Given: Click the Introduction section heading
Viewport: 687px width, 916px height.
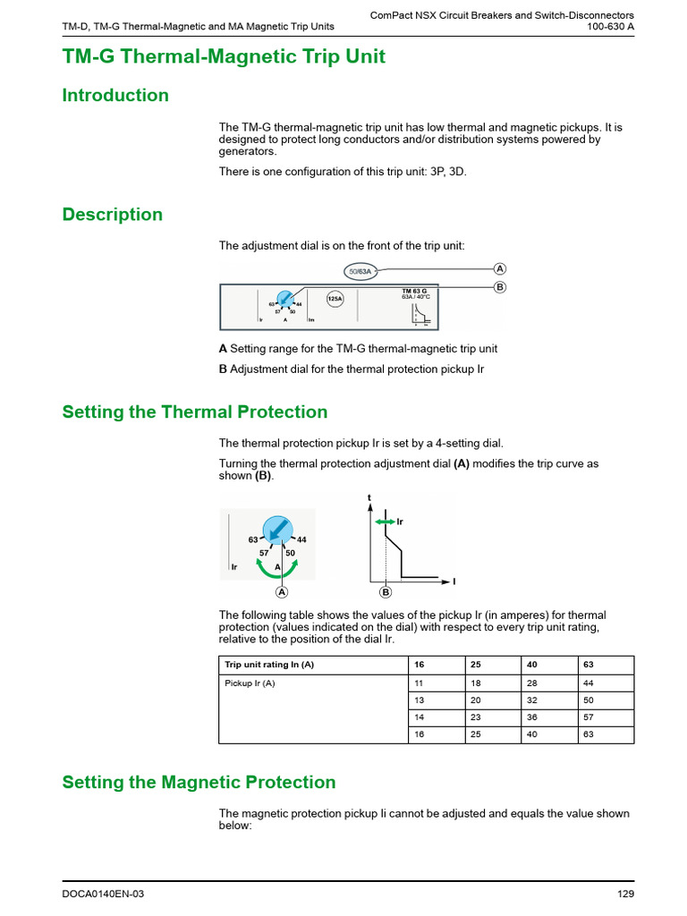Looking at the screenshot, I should (x=115, y=96).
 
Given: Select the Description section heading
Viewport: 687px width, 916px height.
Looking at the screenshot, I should (x=113, y=215).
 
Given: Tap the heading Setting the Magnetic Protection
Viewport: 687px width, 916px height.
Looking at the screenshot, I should (x=199, y=783).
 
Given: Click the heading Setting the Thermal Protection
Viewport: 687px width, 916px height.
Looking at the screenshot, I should (x=195, y=412).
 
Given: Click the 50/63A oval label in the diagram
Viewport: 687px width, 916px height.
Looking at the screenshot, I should (x=359, y=271).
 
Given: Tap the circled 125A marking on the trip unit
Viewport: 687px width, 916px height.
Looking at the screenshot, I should (x=335, y=300).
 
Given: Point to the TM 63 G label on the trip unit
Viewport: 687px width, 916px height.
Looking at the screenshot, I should (x=414, y=291).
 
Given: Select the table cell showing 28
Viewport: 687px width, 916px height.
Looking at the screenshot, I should (x=531, y=683).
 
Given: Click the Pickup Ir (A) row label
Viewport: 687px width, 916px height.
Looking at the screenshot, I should (x=250, y=683).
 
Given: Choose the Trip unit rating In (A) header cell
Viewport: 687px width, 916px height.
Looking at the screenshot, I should (x=269, y=665).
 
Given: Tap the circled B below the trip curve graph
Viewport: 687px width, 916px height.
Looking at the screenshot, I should (x=386, y=592).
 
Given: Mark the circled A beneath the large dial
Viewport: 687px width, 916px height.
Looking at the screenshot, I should (x=282, y=592).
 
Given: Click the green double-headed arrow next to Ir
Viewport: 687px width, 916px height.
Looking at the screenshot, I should (x=385, y=521).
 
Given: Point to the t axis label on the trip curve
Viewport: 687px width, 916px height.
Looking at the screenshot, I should (x=369, y=496).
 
